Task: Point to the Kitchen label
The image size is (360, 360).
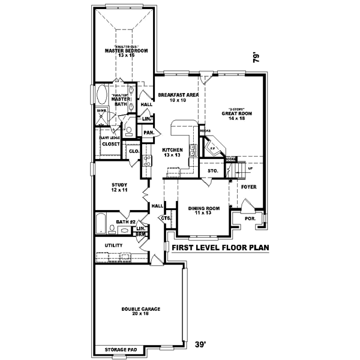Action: pos(172,151)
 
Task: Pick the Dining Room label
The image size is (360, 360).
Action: pos(204,211)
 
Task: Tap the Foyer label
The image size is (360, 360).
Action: pos(248,187)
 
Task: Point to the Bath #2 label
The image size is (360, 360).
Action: pos(125,221)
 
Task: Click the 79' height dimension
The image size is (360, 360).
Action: pos(257,58)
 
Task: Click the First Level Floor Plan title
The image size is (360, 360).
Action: pos(220,247)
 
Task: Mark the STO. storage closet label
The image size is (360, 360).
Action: pos(212,170)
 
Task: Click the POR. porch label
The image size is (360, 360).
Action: pos(250,218)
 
